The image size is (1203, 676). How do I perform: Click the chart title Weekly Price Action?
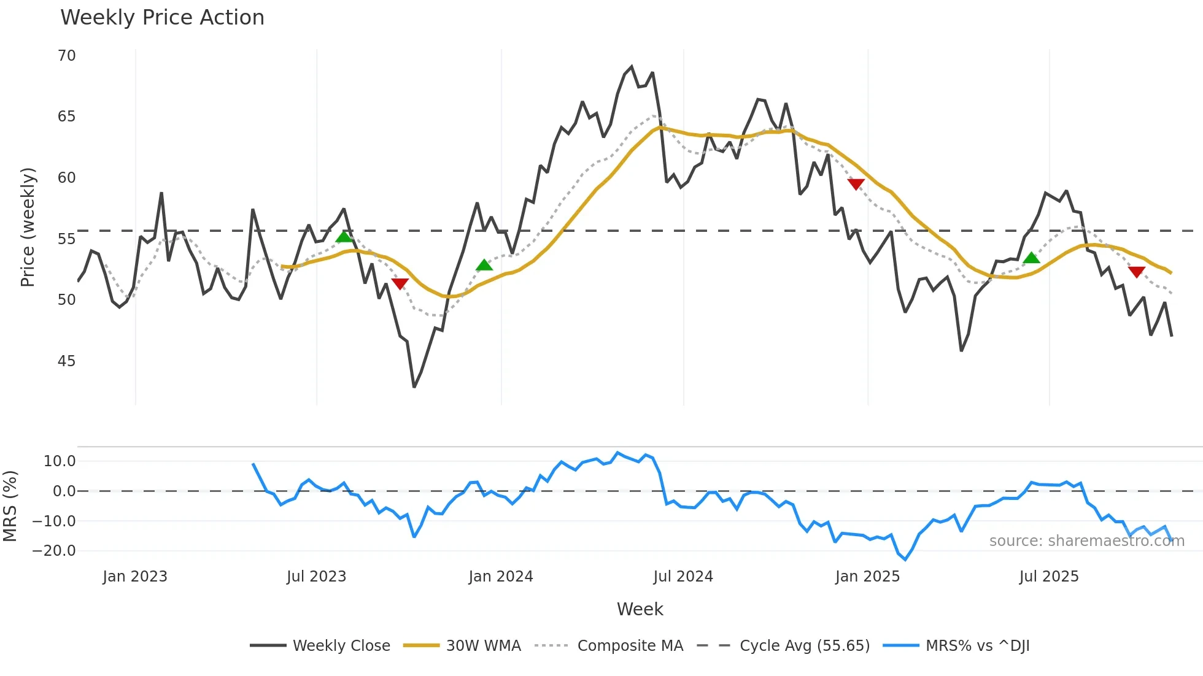[x=162, y=18]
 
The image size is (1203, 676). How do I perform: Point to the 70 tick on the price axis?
[x=67, y=56]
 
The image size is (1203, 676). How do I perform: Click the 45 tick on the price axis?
[x=67, y=361]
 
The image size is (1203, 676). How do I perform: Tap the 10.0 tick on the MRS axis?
[x=60, y=461]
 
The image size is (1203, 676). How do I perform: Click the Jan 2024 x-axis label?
[x=501, y=577]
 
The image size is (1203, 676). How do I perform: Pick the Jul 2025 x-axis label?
[x=1049, y=577]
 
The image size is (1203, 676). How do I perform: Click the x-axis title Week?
[x=640, y=609]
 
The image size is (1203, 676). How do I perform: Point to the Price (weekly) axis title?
[x=28, y=228]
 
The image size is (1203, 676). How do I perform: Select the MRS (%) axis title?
[x=10, y=506]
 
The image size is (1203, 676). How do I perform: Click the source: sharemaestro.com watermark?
[x=1086, y=541]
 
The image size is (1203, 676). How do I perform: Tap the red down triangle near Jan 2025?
[x=856, y=184]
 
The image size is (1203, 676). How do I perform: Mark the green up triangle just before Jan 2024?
[x=484, y=265]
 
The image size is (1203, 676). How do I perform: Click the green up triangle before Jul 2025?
[x=1032, y=258]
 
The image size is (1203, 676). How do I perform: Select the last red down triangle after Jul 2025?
[x=1137, y=272]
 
